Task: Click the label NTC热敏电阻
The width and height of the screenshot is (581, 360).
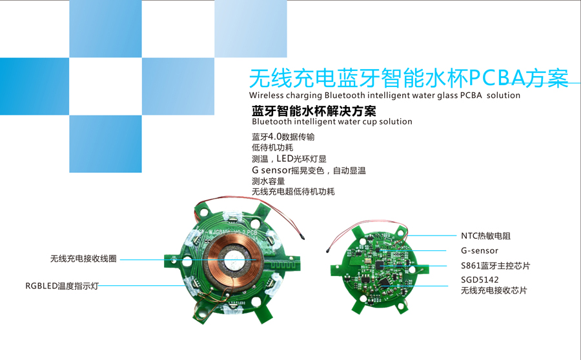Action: tap(485, 236)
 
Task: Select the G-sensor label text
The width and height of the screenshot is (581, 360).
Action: tap(480, 251)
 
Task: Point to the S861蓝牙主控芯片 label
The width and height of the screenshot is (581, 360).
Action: tap(495, 266)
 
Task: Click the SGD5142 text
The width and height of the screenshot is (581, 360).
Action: tap(480, 279)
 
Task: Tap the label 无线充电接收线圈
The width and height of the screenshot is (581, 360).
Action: tap(83, 259)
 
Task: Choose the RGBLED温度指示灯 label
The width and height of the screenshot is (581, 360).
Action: tap(62, 286)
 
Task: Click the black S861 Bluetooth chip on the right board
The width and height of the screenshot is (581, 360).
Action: tap(380, 265)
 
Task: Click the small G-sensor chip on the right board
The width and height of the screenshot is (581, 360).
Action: tap(378, 250)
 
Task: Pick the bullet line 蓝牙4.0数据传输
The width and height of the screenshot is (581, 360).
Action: tap(283, 137)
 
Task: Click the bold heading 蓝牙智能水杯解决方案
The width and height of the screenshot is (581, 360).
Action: tap(314, 111)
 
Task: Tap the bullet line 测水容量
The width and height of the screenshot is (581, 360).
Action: tap(269, 181)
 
